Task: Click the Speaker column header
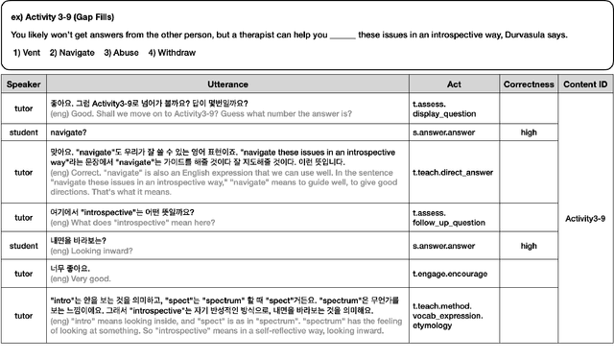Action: [24, 84]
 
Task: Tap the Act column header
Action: [454, 84]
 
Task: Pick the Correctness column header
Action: [528, 84]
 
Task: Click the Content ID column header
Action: [584, 84]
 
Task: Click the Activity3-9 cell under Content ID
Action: [584, 219]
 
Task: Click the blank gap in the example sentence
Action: [342, 36]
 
